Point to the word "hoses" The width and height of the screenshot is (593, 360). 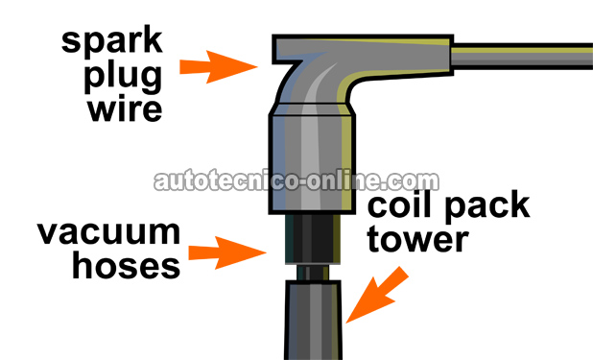[x=124, y=265]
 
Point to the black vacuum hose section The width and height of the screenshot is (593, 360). [x=313, y=240]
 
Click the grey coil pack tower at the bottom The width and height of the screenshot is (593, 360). [x=313, y=322]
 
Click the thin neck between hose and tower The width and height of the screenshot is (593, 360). [x=313, y=273]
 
